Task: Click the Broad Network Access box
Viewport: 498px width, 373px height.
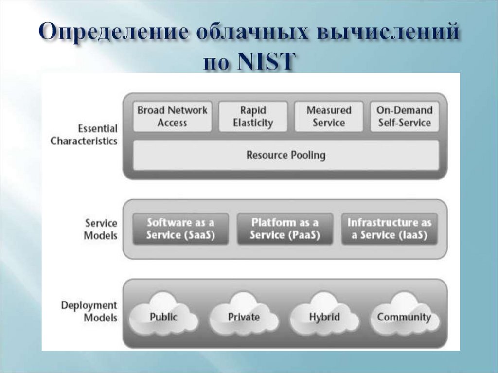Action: click(x=172, y=117)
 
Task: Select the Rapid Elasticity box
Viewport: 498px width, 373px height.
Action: click(x=253, y=117)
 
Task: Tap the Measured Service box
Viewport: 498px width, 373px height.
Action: click(x=329, y=117)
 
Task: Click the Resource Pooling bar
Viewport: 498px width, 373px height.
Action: click(x=285, y=156)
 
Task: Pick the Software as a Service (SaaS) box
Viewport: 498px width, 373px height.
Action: click(x=180, y=229)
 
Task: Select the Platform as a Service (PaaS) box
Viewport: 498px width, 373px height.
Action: click(x=285, y=229)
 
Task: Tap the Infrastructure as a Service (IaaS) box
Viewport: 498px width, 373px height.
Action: click(x=389, y=229)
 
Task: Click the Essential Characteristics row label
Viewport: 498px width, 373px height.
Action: click(x=84, y=135)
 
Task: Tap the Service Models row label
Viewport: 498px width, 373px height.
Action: click(x=101, y=230)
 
